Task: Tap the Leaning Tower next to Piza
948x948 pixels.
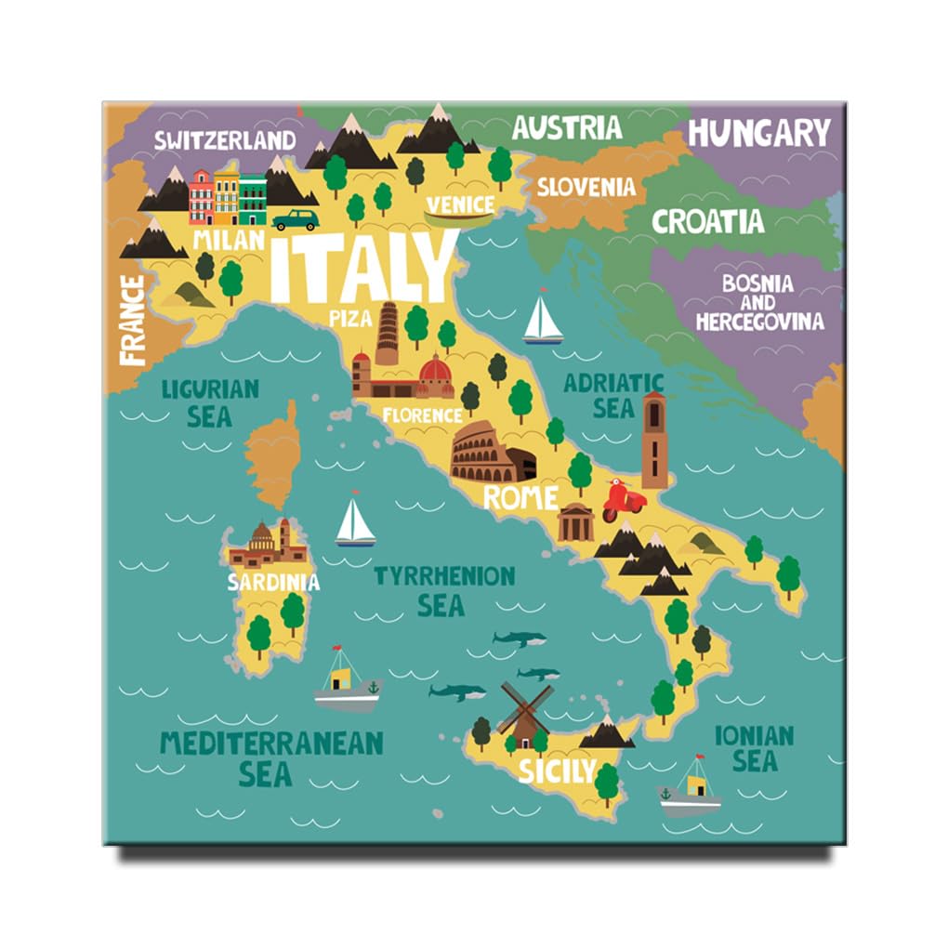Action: (x=387, y=333)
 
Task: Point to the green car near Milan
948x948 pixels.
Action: (x=296, y=220)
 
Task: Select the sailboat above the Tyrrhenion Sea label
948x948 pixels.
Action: (x=354, y=522)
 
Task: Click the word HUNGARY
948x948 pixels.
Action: (x=758, y=133)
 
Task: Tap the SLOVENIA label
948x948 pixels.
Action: (x=586, y=187)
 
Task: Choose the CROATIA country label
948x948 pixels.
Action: (x=708, y=222)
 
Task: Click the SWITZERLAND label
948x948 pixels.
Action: (x=225, y=140)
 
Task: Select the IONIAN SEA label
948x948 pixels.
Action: (x=754, y=749)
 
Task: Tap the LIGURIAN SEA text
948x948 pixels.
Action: (x=210, y=402)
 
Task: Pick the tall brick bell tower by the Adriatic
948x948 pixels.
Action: (x=654, y=440)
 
